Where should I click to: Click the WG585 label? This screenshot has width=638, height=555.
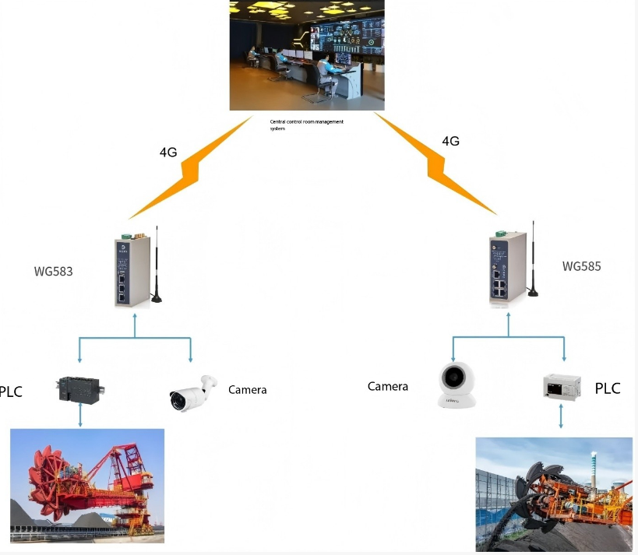[x=581, y=266]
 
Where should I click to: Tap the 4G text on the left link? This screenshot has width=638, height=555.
[x=168, y=152]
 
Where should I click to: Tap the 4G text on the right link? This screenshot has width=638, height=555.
[x=450, y=141]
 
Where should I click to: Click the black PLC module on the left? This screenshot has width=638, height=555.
[x=81, y=388]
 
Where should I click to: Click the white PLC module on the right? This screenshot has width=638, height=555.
[x=562, y=387]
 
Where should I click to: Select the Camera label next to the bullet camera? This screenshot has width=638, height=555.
[x=247, y=389]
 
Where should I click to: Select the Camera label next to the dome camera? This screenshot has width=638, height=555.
[x=388, y=386]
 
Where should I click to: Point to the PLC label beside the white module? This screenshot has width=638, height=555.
[x=608, y=388]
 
